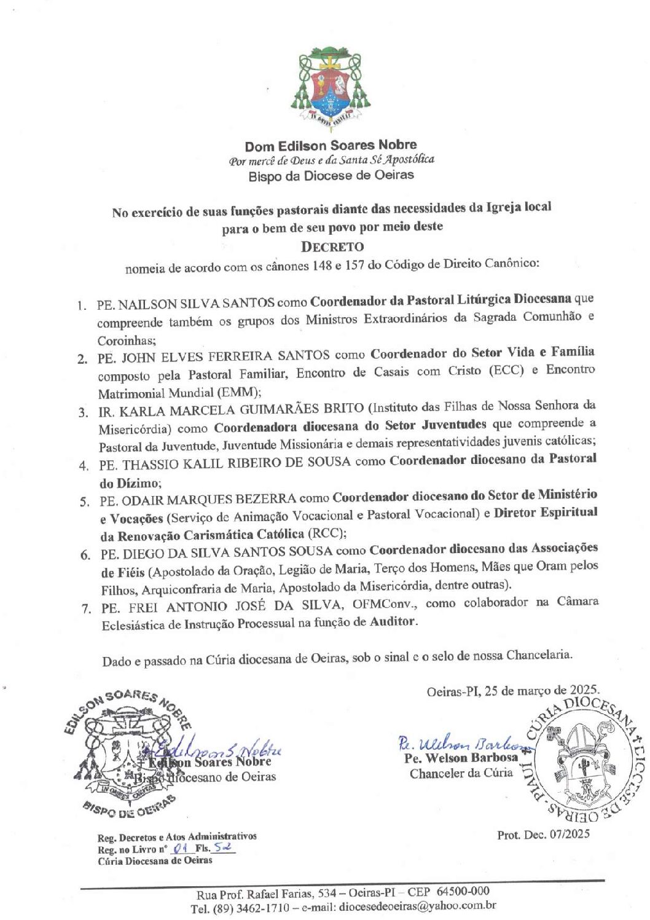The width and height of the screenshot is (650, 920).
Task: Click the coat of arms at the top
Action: coord(331,86)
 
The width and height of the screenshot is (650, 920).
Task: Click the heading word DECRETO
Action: coord(332,247)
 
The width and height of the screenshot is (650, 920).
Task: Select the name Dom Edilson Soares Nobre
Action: coord(331,146)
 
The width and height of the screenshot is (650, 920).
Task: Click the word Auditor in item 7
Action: coord(393,621)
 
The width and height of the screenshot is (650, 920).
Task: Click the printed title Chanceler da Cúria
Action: coord(461,773)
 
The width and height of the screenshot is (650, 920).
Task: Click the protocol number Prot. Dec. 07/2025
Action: coord(543,834)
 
